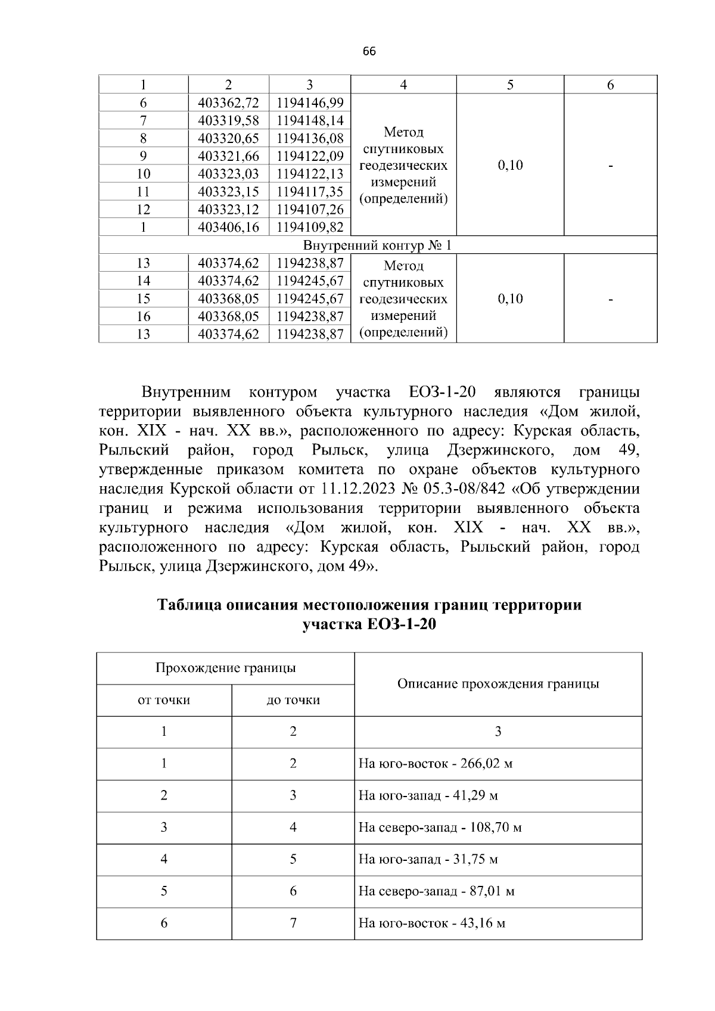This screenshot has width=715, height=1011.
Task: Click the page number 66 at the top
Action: pyautogui.click(x=369, y=52)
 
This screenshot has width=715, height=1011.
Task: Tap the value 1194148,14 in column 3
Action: pyautogui.click(x=310, y=120)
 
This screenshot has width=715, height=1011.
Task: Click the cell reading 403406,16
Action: pyautogui.click(x=228, y=227)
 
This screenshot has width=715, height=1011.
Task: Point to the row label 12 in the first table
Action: pyautogui.click(x=144, y=209)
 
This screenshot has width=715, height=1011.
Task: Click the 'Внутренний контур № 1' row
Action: pyautogui.click(x=378, y=245)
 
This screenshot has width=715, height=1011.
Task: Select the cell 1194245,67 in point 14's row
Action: pyautogui.click(x=310, y=281)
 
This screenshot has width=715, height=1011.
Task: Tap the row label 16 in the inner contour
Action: pyautogui.click(x=144, y=316)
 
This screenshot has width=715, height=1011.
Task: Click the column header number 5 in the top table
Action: pyautogui.click(x=510, y=85)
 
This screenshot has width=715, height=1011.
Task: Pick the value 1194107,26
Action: pyautogui.click(x=310, y=209)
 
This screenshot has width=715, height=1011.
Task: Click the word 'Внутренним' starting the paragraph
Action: pyautogui.click(x=186, y=393)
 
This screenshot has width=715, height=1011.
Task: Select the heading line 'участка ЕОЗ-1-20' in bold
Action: pyautogui.click(x=369, y=625)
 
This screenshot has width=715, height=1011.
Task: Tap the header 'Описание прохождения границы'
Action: pyautogui.click(x=498, y=684)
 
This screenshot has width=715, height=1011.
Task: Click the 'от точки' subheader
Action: pyautogui.click(x=164, y=700)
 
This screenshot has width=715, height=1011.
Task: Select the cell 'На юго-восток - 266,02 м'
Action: pyautogui.click(x=435, y=764)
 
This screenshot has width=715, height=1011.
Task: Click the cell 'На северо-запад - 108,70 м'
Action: pyautogui.click(x=440, y=828)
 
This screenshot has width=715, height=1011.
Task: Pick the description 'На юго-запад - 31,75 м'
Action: pyautogui.click(x=428, y=860)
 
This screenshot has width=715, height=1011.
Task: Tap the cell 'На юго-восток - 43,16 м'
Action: pyautogui.click(x=431, y=923)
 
